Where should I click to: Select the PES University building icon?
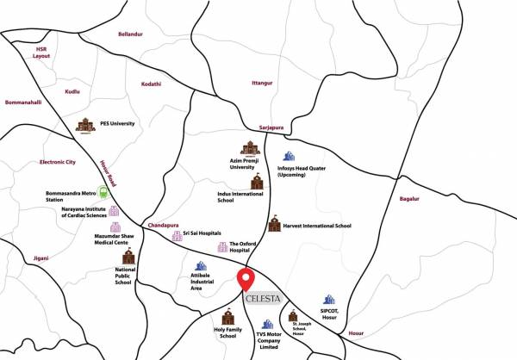pos(85,125)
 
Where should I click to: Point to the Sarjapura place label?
pos(271,127)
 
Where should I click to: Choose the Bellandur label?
pos(129,34)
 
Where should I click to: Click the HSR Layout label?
pos(41,53)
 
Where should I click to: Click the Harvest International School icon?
pos(274,224)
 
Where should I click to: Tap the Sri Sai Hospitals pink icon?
pos(178,234)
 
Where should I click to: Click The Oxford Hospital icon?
pos(221,248)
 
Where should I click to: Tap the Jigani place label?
pos(41,258)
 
